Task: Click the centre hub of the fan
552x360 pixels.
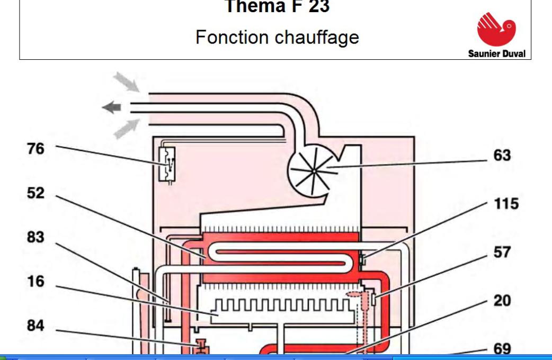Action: pyautogui.click(x=314, y=170)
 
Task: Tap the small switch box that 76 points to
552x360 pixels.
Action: pyautogui.click(x=168, y=164)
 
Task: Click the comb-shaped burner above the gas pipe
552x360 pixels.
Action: pyautogui.click(x=281, y=310)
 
